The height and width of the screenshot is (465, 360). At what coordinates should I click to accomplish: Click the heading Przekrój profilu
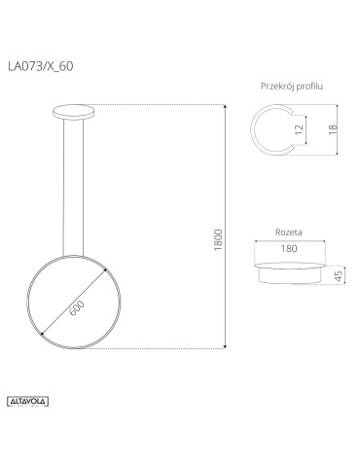click(292, 87)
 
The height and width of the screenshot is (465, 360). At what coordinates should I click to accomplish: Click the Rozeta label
click(288, 233)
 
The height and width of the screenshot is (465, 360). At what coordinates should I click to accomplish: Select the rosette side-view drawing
click(290, 272)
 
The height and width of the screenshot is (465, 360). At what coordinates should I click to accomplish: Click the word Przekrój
click(276, 87)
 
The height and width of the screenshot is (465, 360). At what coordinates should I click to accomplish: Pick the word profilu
click(308, 87)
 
